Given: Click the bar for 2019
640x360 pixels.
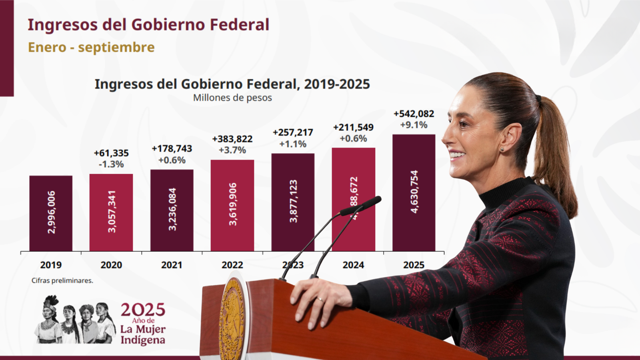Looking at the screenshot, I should click(x=51, y=213).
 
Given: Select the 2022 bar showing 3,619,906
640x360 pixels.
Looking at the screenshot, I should click(x=232, y=205).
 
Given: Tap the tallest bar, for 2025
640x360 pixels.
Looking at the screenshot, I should click(x=414, y=192).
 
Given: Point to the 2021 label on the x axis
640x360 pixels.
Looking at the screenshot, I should click(x=172, y=265).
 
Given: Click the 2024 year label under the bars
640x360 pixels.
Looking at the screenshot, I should click(x=353, y=265).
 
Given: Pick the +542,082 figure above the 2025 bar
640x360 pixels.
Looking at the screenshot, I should click(x=414, y=114).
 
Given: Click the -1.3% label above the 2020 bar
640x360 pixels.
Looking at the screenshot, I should click(x=111, y=164).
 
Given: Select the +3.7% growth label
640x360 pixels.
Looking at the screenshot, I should click(x=232, y=150).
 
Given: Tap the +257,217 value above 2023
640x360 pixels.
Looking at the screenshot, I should click(x=293, y=132).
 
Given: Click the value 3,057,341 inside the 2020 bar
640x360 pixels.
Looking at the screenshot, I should click(x=112, y=212).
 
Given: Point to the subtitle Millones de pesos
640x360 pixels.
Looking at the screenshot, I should click(x=232, y=98).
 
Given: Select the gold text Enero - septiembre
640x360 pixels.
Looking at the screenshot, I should click(x=91, y=47).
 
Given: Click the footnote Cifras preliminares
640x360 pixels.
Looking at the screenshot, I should click(x=62, y=280).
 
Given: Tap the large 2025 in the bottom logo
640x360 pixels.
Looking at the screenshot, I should click(x=143, y=310).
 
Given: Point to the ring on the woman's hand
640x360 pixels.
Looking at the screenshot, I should click(x=320, y=299).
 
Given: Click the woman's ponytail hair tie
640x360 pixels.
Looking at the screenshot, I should click(x=538, y=98).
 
